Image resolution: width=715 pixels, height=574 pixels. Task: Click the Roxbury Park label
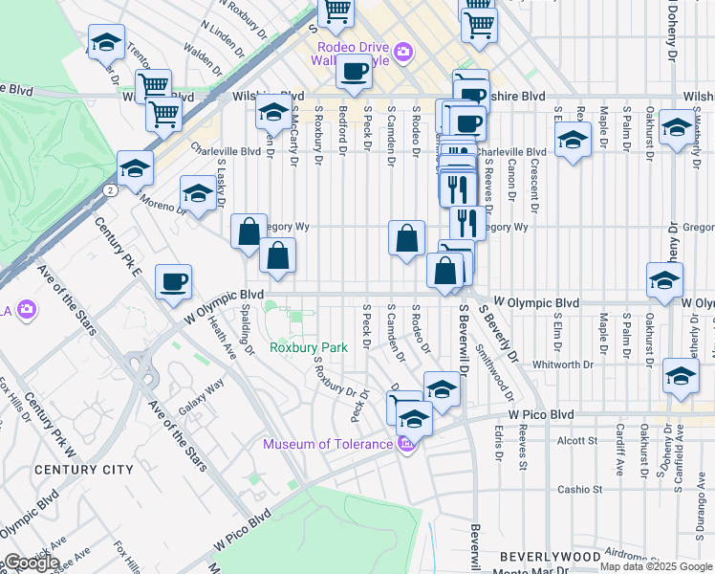coord(308,347)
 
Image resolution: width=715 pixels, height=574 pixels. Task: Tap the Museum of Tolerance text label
coord(328,444)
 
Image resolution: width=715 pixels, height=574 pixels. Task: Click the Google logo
coord(31,563)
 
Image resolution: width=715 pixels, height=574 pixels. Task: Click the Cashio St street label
coord(580,489)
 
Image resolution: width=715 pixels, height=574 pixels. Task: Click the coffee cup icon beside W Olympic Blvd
coord(174,281)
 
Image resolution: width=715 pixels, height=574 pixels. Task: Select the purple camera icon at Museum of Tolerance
coord(406,444)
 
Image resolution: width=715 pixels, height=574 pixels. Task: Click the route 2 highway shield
coord(112,190)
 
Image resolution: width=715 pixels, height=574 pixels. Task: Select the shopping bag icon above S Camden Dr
coord(407,236)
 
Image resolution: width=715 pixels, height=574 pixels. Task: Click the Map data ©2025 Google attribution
coord(655,566)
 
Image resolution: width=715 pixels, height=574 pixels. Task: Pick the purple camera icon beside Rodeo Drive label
coord(405,52)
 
